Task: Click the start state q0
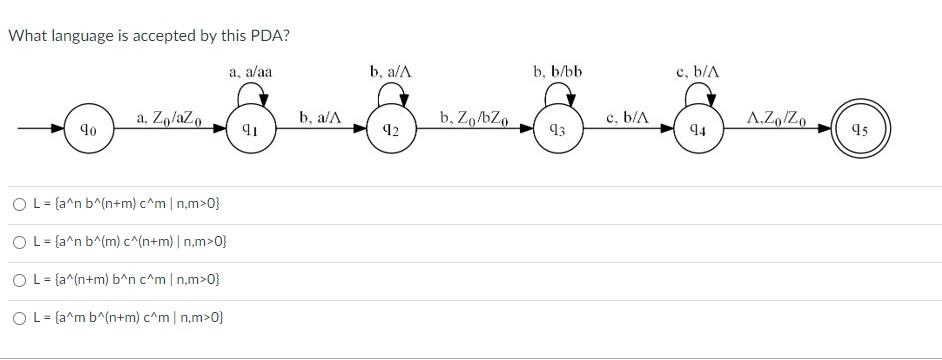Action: click(x=88, y=128)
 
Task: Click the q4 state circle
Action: click(x=698, y=128)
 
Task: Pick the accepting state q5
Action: click(x=858, y=128)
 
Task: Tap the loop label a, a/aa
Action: click(x=250, y=71)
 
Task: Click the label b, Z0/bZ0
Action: click(x=475, y=119)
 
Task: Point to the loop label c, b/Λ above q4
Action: click(x=698, y=71)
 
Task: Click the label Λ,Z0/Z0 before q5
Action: click(x=776, y=119)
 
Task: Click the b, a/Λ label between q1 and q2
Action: click(x=320, y=119)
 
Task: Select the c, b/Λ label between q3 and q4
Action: click(x=628, y=119)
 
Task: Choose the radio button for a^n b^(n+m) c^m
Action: click(x=20, y=205)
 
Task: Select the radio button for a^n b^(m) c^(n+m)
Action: click(x=20, y=242)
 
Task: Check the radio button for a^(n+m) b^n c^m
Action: click(x=20, y=279)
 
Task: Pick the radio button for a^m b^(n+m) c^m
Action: click(x=20, y=317)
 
